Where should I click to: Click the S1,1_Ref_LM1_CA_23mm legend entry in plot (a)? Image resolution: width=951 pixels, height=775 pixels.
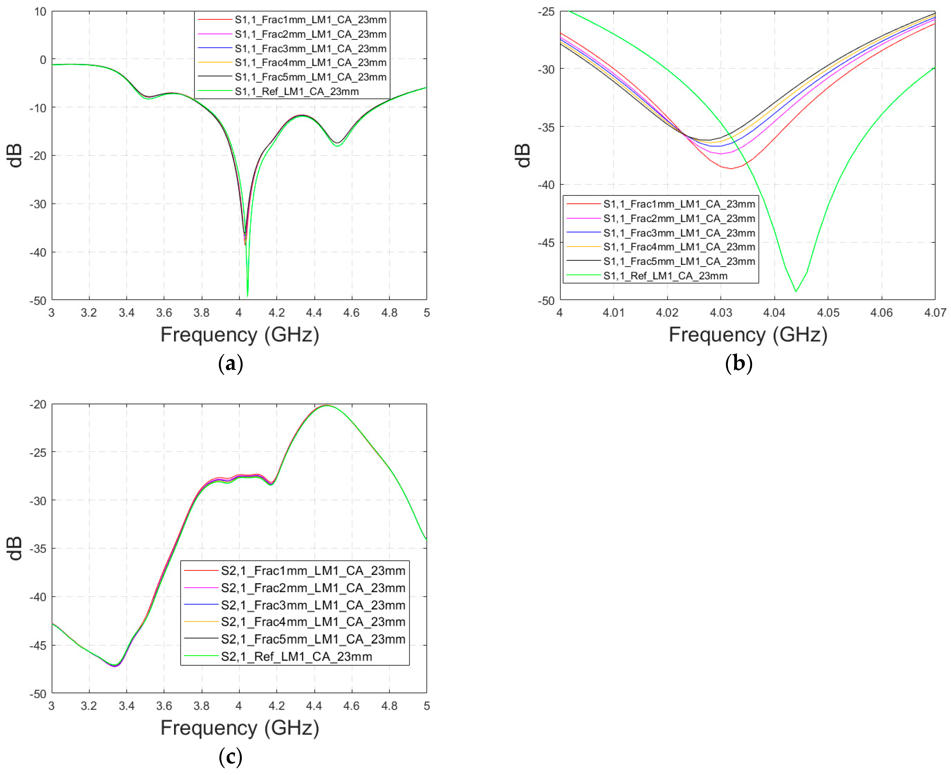tap(297, 91)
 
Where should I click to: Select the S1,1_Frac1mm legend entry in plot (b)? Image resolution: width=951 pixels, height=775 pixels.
tap(678, 204)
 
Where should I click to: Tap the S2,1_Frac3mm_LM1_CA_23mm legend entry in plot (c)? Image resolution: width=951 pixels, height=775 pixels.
tap(313, 605)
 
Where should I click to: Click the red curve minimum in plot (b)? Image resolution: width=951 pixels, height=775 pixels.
tap(731, 168)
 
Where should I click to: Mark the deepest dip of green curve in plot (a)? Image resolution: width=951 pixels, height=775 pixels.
tap(247, 296)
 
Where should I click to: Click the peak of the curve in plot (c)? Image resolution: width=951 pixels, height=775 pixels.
tap(327, 405)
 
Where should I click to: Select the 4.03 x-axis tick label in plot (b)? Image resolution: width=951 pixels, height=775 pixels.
tap(721, 312)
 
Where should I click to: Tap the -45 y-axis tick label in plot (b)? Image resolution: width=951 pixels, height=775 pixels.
tap(546, 243)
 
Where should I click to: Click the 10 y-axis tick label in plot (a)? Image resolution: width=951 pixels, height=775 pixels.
tap(40, 12)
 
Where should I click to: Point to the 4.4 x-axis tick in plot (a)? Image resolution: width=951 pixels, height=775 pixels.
tap(314, 312)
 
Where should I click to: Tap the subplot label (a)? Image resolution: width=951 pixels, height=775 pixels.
tap(230, 364)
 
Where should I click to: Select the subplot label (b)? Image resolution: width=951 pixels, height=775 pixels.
tap(738, 364)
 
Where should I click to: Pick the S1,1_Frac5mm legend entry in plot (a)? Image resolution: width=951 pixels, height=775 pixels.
tap(310, 77)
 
